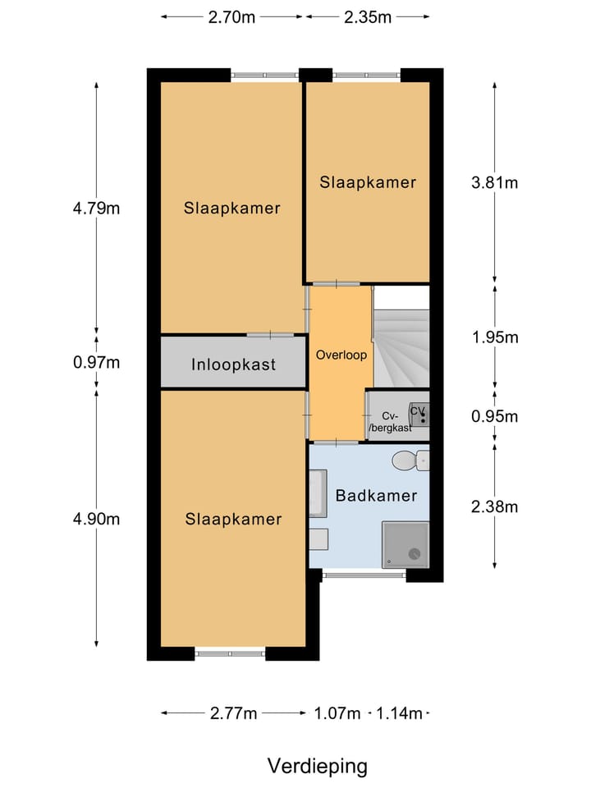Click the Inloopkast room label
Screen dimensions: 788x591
pos(234,365)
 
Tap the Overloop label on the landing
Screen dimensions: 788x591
pos(341,356)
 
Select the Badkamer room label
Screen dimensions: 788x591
pos(376,496)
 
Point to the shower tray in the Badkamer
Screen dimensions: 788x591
pos(405,545)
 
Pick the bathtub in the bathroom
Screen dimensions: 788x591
pos(318,493)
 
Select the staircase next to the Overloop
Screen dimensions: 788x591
pos(401,337)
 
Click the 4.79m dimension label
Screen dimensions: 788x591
pos(96,208)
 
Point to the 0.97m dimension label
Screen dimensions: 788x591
pos(96,362)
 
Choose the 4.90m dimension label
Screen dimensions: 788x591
pos(96,519)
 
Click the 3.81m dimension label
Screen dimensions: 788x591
pos(494,182)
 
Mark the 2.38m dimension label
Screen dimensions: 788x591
pos(494,506)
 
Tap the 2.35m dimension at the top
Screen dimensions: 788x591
pos(367,16)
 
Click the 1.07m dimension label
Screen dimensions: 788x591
pos(337,713)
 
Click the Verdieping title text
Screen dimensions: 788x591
pos(317,766)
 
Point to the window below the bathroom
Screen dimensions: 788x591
pos(364,576)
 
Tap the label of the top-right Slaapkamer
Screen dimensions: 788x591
pos(368,182)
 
